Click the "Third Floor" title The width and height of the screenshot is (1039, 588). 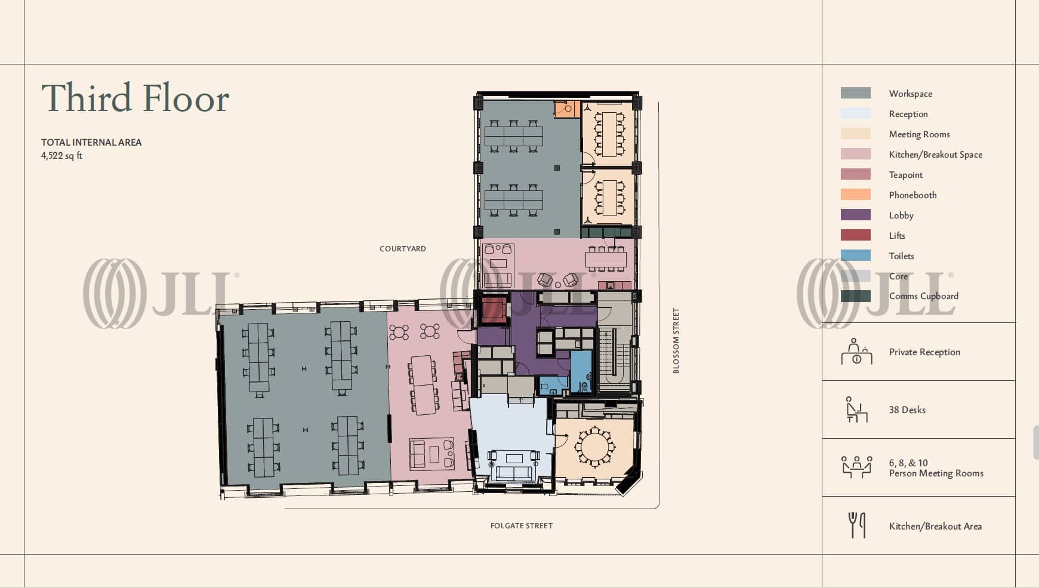click(x=135, y=98)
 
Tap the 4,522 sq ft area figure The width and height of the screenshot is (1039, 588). click(x=61, y=156)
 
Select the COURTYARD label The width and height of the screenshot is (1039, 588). click(x=403, y=248)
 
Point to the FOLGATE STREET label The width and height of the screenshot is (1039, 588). click(x=522, y=525)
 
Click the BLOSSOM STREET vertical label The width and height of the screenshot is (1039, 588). click(x=676, y=341)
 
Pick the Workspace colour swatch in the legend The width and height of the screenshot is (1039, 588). click(x=856, y=93)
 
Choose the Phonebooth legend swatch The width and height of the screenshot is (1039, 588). click(x=856, y=195)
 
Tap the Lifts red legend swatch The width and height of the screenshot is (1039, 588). click(x=856, y=235)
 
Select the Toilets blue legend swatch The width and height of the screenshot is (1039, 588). click(x=856, y=255)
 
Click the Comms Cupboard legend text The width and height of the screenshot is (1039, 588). click(x=924, y=296)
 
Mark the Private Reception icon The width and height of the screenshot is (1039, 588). click(x=856, y=352)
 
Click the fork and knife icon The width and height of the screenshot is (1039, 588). click(x=857, y=525)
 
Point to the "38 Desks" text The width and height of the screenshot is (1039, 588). click(x=907, y=410)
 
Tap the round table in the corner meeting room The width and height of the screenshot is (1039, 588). click(x=594, y=446)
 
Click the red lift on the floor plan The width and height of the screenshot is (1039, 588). click(x=494, y=310)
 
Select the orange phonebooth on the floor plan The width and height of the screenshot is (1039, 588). click(x=566, y=109)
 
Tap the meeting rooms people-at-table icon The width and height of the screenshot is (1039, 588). click(x=856, y=467)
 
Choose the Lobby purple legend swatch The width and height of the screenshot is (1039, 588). click(x=856, y=215)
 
